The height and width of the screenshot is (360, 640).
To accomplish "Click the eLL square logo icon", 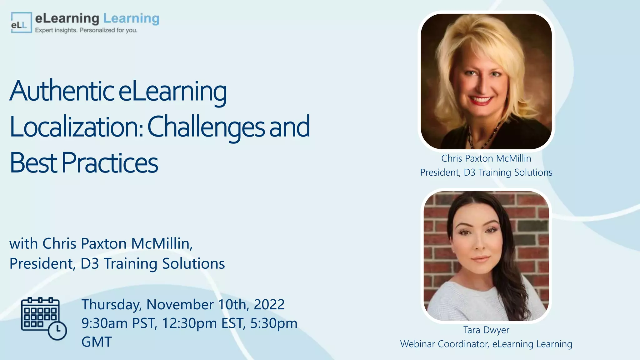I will (x=21, y=22).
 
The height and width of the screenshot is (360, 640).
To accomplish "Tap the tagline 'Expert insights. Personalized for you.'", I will (x=86, y=30).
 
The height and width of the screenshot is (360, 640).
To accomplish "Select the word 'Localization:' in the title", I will (x=77, y=127).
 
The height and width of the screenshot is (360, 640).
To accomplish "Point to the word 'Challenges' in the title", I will (x=206, y=127).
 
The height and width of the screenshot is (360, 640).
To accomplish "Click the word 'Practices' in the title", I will (x=110, y=163).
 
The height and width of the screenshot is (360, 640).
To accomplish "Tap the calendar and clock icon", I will (x=43, y=318).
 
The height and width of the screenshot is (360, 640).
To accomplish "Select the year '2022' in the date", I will (x=269, y=304).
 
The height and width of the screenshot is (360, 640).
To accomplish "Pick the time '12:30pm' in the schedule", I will (x=189, y=323).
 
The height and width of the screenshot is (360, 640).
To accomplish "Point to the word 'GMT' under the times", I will (x=97, y=342).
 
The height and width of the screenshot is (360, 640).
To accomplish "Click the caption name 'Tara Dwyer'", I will (x=486, y=330).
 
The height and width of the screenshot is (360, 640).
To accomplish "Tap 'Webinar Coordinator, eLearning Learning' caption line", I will (x=486, y=344).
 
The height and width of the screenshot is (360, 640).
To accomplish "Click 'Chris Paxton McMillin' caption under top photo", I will (x=486, y=158).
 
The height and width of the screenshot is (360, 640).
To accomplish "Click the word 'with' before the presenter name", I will (x=23, y=244).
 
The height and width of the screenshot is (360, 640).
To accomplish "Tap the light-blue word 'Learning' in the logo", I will (x=131, y=18).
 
